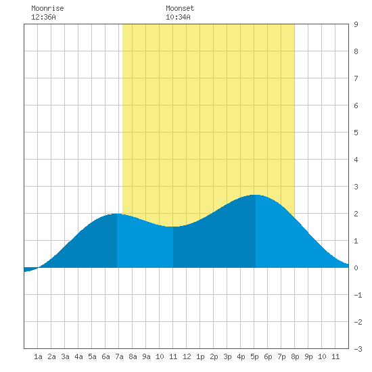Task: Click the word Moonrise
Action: pyautogui.click(x=47, y=8)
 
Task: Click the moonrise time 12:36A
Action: pyautogui.click(x=43, y=17)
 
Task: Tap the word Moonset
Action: pyautogui.click(x=180, y=8)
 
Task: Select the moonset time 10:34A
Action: pyautogui.click(x=178, y=17)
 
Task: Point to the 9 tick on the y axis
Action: pyautogui.click(x=356, y=24)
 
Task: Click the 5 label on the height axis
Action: pyautogui.click(x=356, y=133)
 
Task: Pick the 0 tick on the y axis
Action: pyautogui.click(x=356, y=268)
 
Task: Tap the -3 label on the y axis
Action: pyautogui.click(x=358, y=349)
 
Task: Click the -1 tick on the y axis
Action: pyautogui.click(x=358, y=295)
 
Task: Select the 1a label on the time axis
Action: pyautogui.click(x=38, y=356)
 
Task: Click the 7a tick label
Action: pyautogui.click(x=119, y=356)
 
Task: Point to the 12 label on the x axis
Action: pyautogui.click(x=187, y=356)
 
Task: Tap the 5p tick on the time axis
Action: pyautogui.click(x=254, y=356)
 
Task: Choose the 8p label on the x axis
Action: pyautogui.click(x=295, y=356)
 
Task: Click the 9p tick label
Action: pyautogui.click(x=308, y=356)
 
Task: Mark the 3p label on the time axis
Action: pyautogui.click(x=227, y=356)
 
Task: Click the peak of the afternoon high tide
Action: pyautogui.click(x=256, y=195)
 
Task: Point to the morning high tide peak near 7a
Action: pyautogui.click(x=117, y=214)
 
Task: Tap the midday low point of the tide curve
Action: pyautogui.click(x=173, y=227)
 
